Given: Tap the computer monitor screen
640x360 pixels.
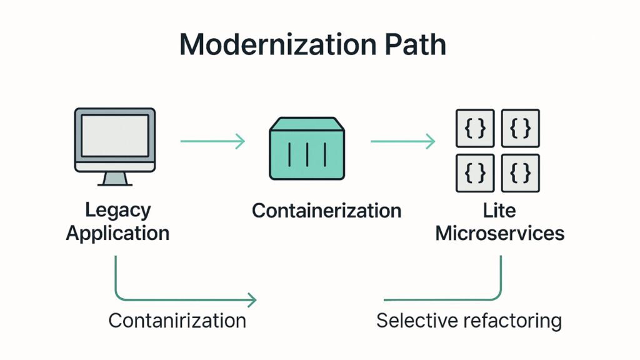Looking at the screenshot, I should click(114, 135).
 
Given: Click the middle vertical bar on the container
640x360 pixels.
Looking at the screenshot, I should click(307, 154).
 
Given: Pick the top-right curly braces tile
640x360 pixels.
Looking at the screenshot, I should click(521, 128).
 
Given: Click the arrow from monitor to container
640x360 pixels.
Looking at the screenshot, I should click(212, 142).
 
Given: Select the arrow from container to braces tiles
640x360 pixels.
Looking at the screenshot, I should click(402, 142).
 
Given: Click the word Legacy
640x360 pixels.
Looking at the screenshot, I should click(117, 210).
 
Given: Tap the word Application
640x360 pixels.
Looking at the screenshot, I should click(117, 234).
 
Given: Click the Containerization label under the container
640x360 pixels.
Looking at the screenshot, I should click(326, 211).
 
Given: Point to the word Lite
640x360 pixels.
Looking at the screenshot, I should click(499, 210).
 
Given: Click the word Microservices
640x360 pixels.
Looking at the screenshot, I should click(499, 234).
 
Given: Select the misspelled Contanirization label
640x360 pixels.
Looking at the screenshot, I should click(177, 321).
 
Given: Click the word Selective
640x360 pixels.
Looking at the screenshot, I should click(418, 321).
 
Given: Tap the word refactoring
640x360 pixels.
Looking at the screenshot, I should click(513, 321).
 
